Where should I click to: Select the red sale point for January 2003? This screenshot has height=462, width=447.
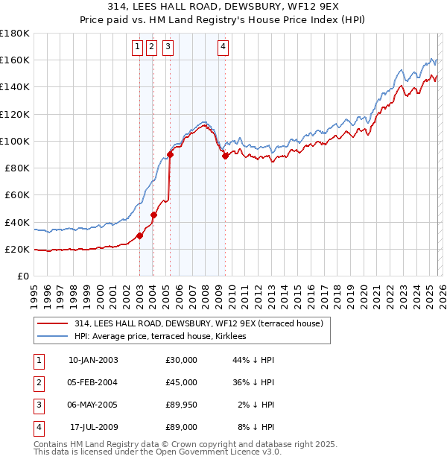pos(139,235)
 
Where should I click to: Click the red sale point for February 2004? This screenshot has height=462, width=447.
pos(153,215)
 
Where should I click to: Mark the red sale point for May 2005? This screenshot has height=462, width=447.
pos(170,155)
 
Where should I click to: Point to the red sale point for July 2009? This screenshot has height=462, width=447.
pos(225,156)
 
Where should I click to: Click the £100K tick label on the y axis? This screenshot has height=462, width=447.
pos(14,141)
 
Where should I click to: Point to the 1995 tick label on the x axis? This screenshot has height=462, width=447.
pos(34,292)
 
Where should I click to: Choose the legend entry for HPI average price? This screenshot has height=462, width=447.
pos(165,337)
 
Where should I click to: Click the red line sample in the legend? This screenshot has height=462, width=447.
pos(52,324)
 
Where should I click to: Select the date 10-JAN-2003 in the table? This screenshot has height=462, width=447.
pos(93,359)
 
